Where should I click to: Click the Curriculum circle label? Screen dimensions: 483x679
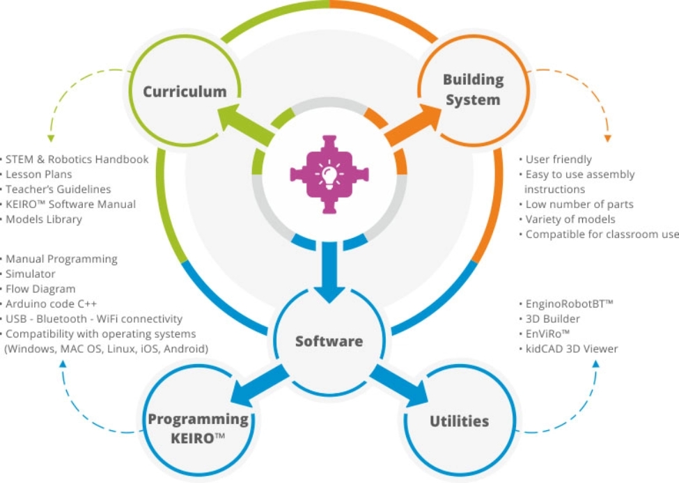point(185,92)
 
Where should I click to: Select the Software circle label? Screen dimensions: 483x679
point(329,341)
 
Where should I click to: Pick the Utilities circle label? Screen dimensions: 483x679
point(459,421)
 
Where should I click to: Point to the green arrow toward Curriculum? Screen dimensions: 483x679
point(240,126)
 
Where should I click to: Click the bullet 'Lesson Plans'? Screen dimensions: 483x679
point(42,174)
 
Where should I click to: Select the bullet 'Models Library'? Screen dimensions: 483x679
point(46,219)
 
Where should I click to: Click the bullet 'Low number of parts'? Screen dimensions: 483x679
point(579,205)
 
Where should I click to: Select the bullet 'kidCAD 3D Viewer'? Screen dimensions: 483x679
point(571,349)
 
